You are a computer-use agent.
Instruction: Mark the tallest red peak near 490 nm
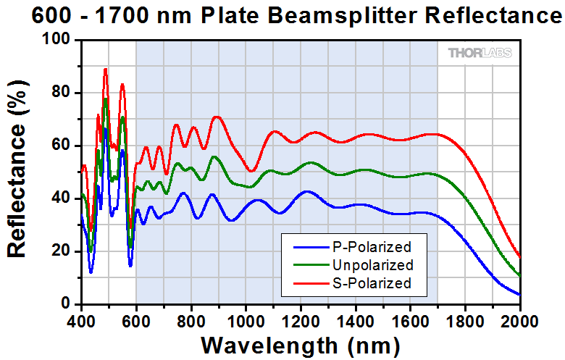106,69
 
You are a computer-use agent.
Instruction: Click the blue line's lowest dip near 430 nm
91,272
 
